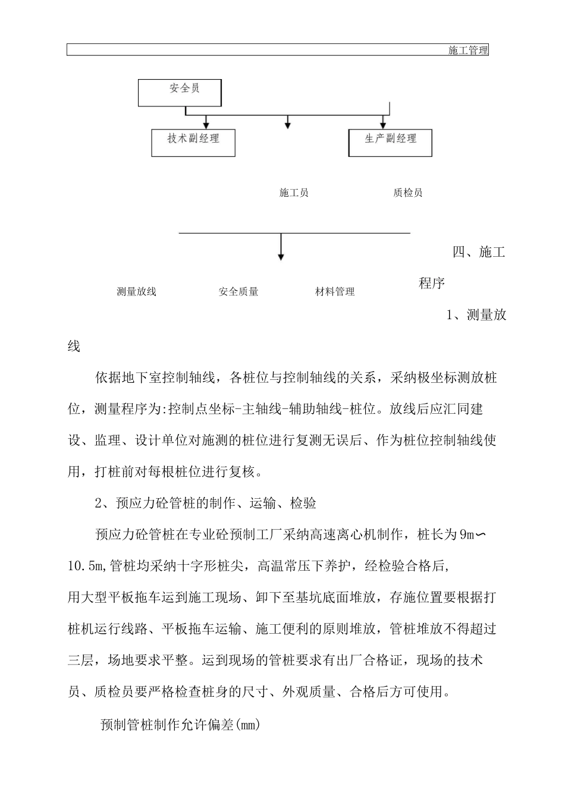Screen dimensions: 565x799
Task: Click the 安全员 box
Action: point(180,92)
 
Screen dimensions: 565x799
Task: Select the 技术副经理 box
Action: point(193,143)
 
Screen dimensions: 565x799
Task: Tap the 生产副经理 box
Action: point(390,143)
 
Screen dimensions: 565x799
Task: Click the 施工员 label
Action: point(294,193)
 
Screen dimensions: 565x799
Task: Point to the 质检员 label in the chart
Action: point(408,193)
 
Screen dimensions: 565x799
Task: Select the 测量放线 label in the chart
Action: point(137,291)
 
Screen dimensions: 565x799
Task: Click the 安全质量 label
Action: point(238,291)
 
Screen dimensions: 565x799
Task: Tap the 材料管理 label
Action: point(335,291)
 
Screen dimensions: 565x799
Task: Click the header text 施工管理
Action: point(468,51)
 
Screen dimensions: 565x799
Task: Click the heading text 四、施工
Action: point(479,252)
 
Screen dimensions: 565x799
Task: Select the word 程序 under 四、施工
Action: point(432,283)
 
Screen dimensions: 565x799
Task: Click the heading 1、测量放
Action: point(476,315)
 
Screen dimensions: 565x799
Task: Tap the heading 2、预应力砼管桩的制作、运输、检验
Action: point(206,503)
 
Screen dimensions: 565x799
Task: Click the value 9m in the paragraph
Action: point(466,534)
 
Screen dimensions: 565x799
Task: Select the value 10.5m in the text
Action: point(86,566)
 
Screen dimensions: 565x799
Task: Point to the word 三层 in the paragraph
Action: point(81,660)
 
